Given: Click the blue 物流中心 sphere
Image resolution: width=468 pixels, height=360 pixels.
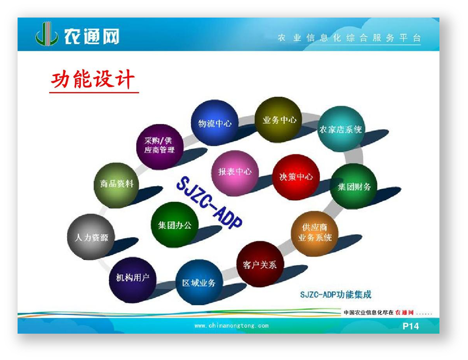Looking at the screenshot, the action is click(214, 122).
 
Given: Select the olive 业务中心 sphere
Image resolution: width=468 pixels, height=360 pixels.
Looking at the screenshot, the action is click(278, 119).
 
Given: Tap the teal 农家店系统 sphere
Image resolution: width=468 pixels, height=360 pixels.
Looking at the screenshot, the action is click(341, 129).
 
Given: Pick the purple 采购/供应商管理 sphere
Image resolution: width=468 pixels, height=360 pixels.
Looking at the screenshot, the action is click(160, 147).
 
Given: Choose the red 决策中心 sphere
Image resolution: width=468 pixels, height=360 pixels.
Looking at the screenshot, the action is click(296, 177).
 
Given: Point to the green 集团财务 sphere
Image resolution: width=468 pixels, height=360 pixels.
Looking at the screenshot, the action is click(354, 186).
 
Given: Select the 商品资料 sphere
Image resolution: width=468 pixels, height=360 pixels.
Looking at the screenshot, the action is click(116, 185).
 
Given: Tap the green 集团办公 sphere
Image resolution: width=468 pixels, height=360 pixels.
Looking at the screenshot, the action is click(175, 225).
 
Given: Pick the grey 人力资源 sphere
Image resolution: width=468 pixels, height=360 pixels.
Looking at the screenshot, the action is click(91, 237).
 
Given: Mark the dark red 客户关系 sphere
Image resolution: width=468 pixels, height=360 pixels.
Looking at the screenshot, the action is click(260, 264).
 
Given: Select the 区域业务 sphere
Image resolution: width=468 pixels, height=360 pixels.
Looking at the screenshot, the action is click(200, 282).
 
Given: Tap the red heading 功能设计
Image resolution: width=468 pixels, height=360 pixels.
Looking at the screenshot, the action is click(93, 79).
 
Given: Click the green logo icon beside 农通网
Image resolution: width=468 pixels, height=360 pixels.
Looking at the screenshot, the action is click(47, 34).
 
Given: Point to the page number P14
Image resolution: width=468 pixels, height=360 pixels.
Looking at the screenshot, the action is click(411, 326).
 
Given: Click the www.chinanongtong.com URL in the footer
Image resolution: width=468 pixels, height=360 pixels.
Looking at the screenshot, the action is click(232, 326).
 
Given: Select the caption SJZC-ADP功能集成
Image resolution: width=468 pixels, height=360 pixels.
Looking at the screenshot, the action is click(336, 295).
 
